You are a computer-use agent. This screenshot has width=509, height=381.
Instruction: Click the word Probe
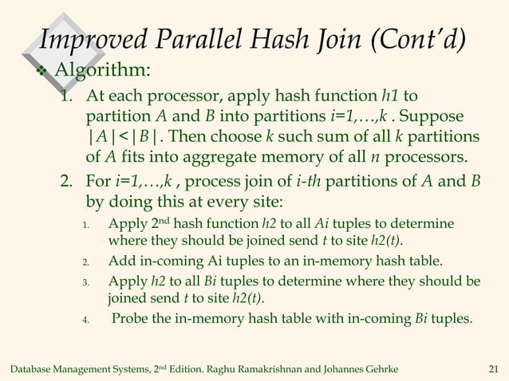130,321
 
